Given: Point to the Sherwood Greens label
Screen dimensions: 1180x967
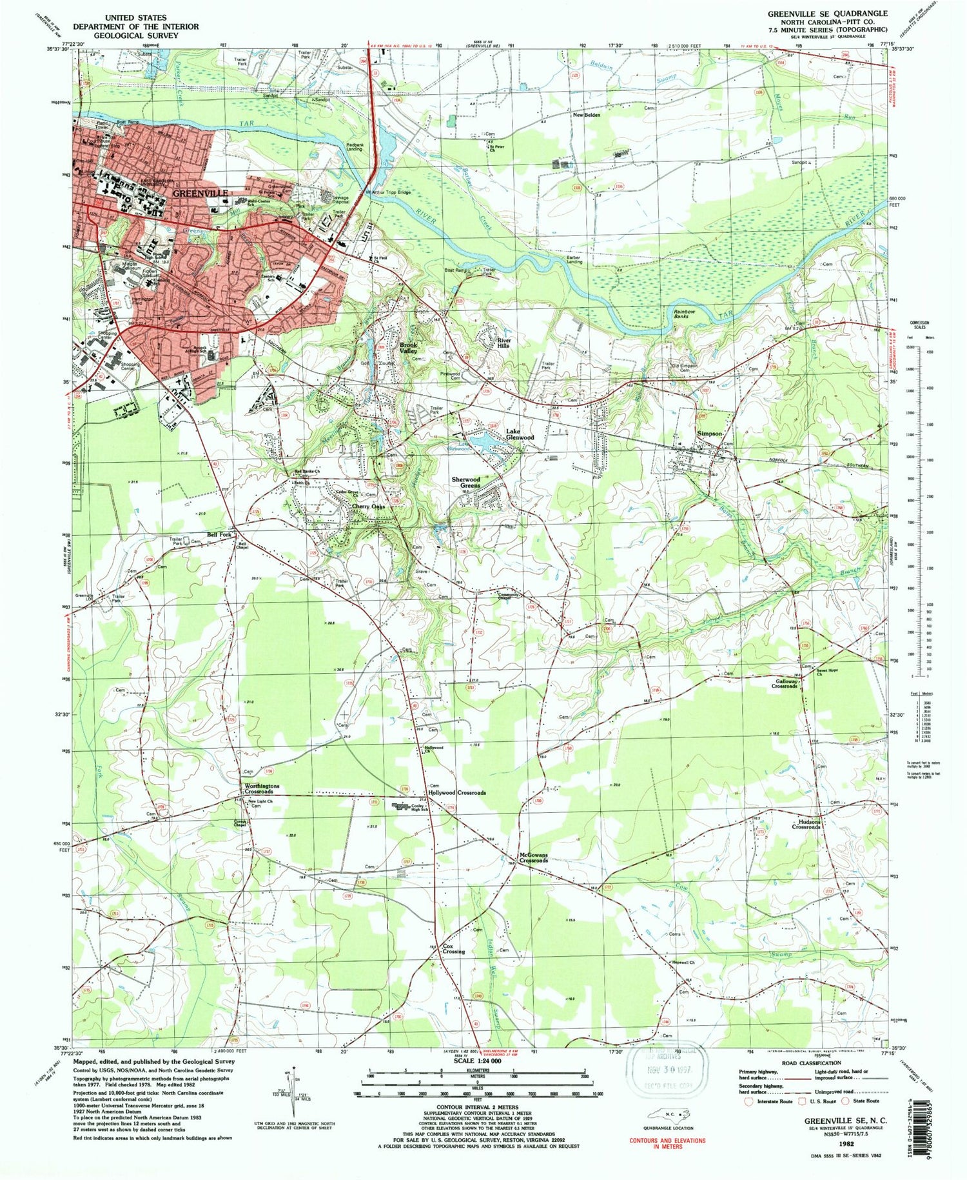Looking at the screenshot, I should (465, 483).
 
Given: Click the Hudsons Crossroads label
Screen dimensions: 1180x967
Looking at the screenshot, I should (806, 824).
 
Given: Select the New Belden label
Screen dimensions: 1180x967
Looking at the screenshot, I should (587, 115).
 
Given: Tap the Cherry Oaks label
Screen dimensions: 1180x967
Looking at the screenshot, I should (368, 506).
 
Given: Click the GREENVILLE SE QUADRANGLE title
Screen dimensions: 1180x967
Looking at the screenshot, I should (827, 13).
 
